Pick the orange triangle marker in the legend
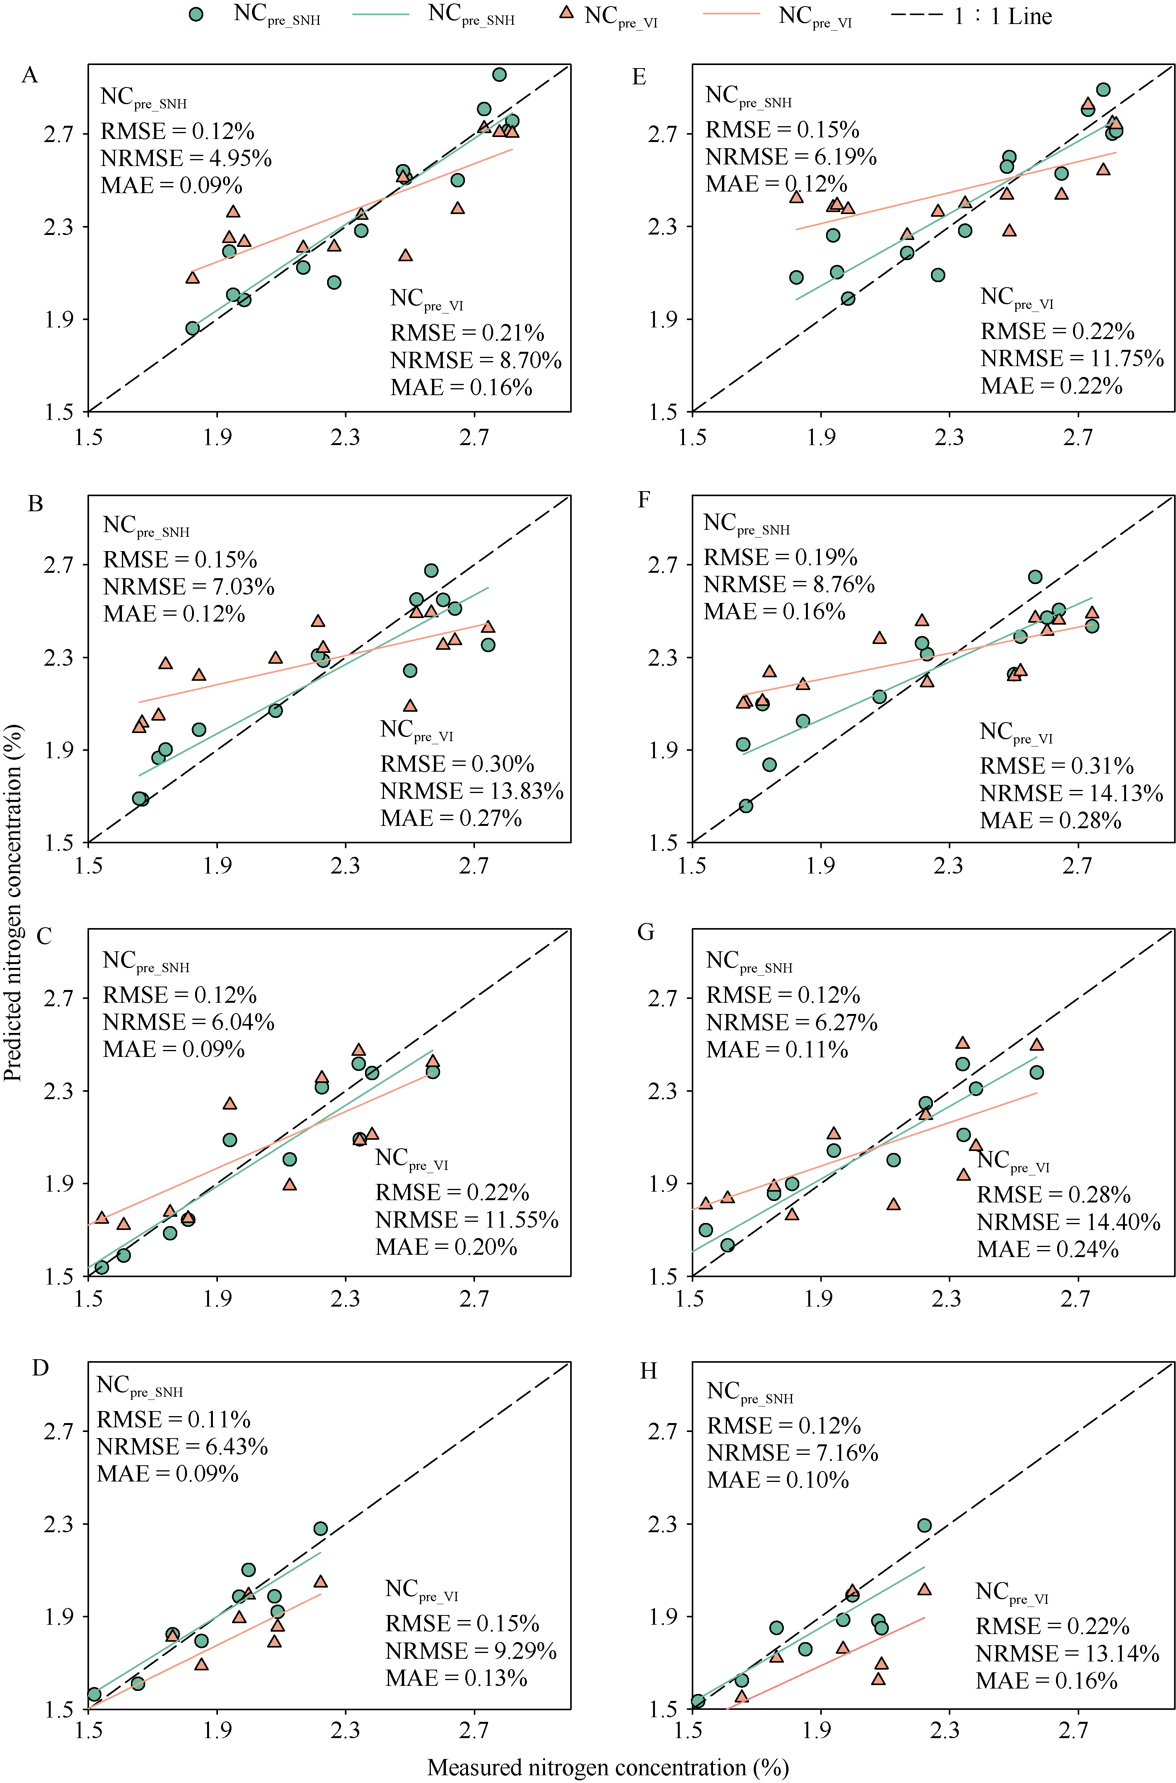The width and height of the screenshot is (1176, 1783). point(567,13)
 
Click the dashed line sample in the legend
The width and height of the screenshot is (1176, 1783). point(917,15)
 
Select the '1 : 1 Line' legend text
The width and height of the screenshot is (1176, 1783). point(1003,17)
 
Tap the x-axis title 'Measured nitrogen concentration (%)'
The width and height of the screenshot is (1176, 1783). point(607,1767)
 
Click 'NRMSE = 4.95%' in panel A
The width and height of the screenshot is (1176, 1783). point(186,158)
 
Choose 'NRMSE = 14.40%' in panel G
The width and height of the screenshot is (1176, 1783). point(1068,1222)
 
